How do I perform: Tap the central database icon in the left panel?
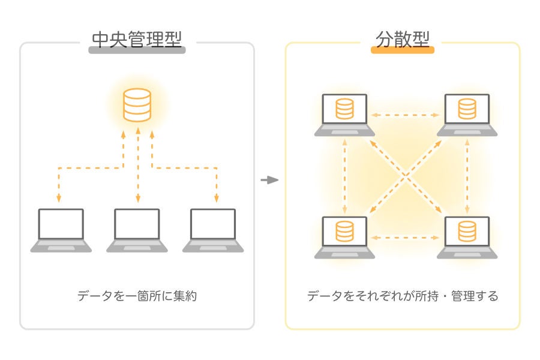click(x=137, y=104)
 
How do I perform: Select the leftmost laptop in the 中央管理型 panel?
click(x=61, y=230)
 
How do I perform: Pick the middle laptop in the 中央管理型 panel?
click(x=137, y=230)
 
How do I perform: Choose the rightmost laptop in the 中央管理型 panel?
click(x=213, y=230)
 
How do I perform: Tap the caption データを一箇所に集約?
click(x=137, y=296)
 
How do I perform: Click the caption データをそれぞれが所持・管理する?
click(x=402, y=296)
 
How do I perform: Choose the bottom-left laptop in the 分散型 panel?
click(x=344, y=237)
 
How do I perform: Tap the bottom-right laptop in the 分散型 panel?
click(x=467, y=237)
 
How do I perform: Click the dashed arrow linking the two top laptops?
click(x=406, y=114)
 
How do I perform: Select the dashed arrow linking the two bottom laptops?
click(x=406, y=238)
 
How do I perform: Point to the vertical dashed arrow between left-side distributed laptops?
click(x=345, y=176)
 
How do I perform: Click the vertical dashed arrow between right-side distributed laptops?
click(x=467, y=176)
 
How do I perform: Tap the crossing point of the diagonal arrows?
click(x=406, y=176)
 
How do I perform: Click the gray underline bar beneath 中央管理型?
click(x=137, y=50)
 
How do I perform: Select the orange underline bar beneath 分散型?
click(x=402, y=50)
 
